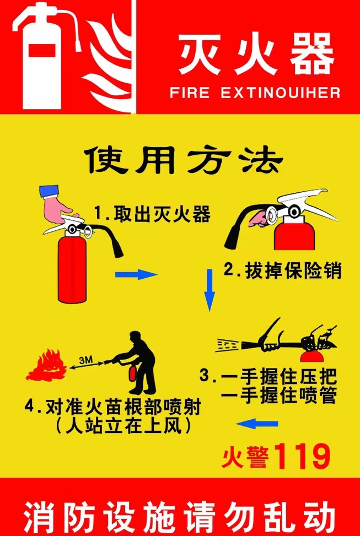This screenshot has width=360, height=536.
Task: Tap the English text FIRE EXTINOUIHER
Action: click(x=255, y=93)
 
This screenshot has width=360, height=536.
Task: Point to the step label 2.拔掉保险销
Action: click(x=283, y=270)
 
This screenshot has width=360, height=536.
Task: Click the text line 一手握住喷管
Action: click(x=278, y=396)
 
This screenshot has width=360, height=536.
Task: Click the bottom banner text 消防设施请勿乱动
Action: click(x=180, y=515)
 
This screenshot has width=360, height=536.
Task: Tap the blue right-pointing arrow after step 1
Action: click(x=136, y=274)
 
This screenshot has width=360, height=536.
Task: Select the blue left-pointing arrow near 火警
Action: click(x=257, y=423)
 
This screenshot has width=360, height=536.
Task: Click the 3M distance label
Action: click(x=87, y=360)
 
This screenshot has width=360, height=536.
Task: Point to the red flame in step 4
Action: click(x=46, y=366)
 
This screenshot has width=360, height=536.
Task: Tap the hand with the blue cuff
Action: click(x=55, y=202)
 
